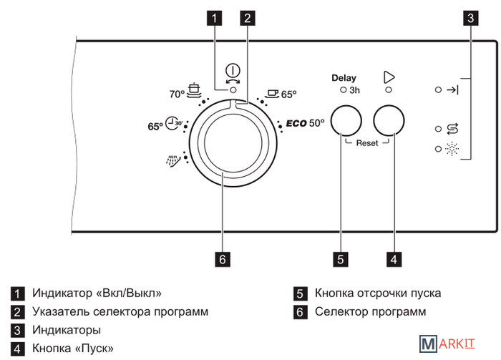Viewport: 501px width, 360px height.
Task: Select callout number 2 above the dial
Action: point(248,19)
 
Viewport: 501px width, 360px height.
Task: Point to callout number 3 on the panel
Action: point(470,19)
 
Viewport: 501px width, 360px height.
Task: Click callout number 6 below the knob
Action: point(223,258)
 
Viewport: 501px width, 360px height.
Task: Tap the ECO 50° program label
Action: point(306,122)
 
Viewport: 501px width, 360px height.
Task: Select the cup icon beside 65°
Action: point(271,93)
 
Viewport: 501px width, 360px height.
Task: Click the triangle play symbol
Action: point(389,77)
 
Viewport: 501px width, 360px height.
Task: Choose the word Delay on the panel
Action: point(344,78)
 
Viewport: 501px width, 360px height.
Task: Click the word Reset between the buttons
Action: point(366,143)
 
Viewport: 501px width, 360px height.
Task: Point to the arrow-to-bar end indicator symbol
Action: point(452,91)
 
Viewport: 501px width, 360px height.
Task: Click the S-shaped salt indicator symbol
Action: point(452,129)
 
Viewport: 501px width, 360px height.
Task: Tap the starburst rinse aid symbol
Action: point(452,149)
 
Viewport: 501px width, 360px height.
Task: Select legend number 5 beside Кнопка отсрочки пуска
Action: point(301,293)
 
